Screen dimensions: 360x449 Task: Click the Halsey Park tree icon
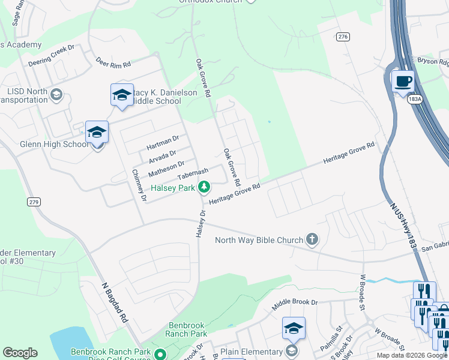click(204, 187)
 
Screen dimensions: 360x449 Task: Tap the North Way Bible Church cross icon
click(312, 240)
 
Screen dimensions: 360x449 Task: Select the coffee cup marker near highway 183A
click(403, 81)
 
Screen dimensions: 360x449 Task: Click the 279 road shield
click(34, 202)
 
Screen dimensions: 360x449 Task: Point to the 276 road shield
click(343, 37)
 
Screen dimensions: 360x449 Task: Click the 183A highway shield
click(413, 98)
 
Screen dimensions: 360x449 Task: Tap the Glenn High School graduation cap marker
click(97, 132)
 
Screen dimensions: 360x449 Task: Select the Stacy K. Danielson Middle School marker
click(122, 95)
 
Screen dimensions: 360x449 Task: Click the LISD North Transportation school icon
click(56, 95)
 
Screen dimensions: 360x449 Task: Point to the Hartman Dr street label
click(163, 142)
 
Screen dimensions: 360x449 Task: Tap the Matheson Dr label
click(166, 166)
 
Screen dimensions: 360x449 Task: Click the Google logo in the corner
click(20, 353)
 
